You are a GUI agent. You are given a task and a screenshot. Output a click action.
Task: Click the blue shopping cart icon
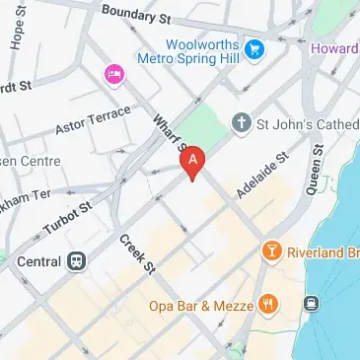tap(255, 47)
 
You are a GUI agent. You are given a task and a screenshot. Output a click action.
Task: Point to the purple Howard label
tap(336, 47)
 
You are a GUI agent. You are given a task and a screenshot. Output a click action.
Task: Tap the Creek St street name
tap(138, 254)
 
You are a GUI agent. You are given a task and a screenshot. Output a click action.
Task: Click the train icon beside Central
tap(75, 262)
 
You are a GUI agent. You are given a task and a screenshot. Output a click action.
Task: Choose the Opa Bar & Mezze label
tap(199, 303)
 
